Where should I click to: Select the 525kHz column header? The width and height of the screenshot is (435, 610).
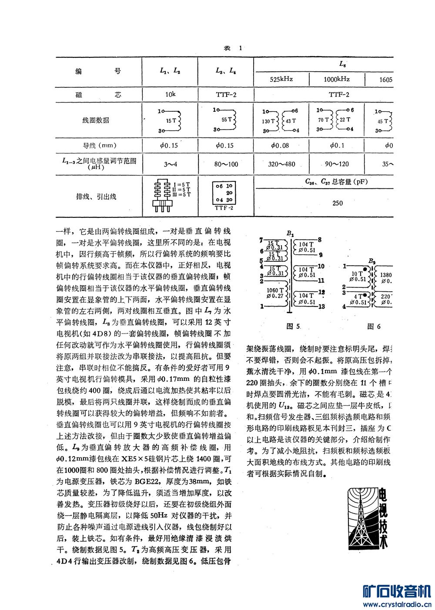click(x=281, y=79)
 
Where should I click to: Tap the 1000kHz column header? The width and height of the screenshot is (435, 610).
click(x=337, y=79)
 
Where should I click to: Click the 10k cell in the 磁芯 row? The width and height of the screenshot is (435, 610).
click(x=170, y=94)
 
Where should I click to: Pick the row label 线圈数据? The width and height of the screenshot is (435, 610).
click(x=96, y=120)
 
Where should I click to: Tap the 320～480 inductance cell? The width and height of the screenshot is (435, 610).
click(x=281, y=164)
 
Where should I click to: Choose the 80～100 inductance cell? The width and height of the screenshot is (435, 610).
click(x=226, y=164)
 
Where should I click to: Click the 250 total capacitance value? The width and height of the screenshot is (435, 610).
click(x=337, y=203)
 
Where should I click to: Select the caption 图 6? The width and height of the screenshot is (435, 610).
click(x=374, y=326)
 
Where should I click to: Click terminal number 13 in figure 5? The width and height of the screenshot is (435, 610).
click(x=321, y=307)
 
